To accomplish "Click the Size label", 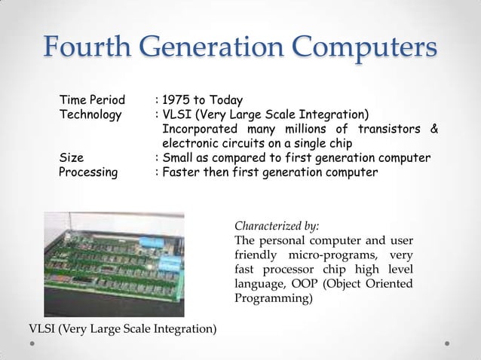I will [71, 157].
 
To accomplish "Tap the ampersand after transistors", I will [433, 129].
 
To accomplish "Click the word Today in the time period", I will [227, 100].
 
